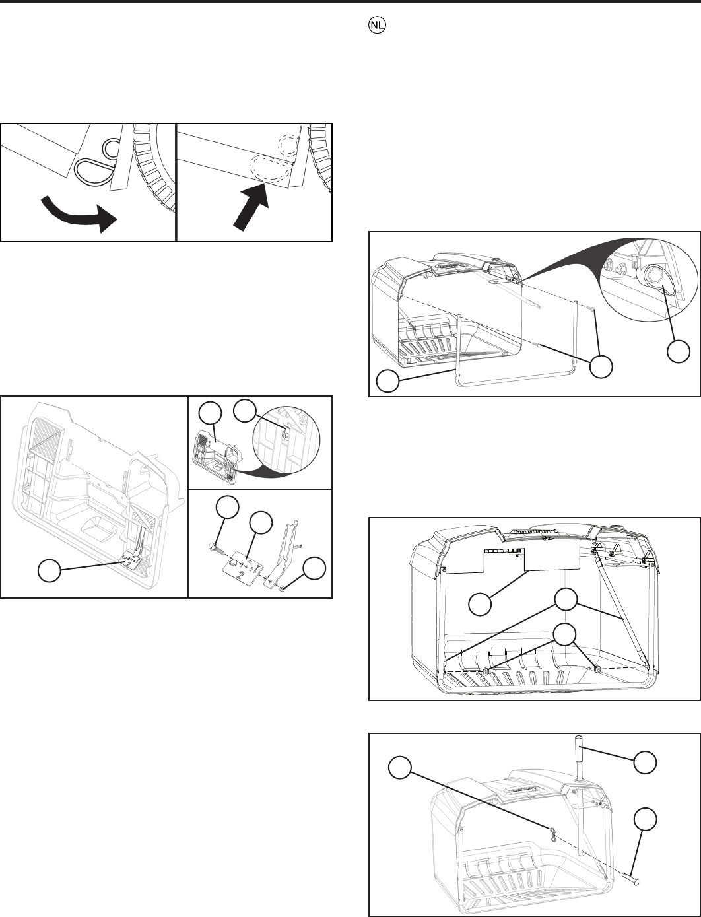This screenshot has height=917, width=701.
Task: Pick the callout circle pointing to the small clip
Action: click(x=313, y=569)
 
